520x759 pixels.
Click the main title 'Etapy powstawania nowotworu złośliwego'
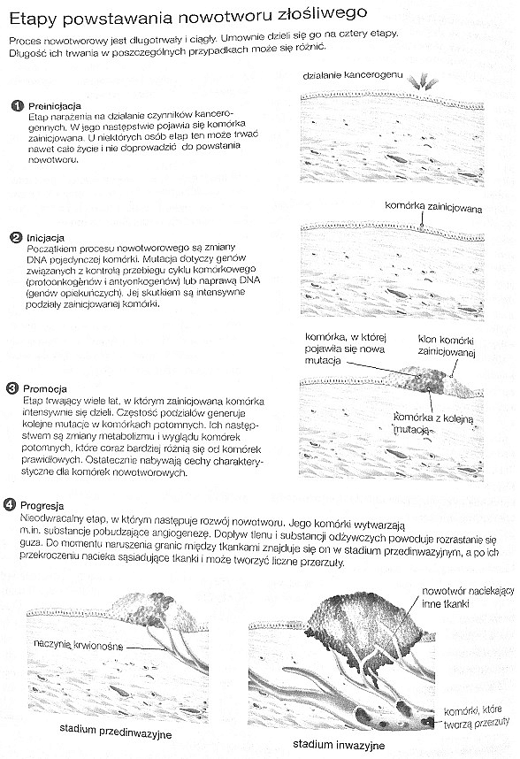[x=188, y=17]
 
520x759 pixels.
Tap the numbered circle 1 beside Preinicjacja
[x=18, y=105]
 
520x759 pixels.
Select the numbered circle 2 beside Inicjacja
[x=16, y=237]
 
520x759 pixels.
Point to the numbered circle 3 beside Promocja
[x=12, y=388]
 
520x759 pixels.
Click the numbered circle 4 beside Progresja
[x=10, y=505]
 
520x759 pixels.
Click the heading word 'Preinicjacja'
[x=55, y=106]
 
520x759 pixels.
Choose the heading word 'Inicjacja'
[x=45, y=238]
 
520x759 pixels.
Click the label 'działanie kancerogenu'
[x=353, y=75]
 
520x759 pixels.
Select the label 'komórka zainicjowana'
[x=433, y=207]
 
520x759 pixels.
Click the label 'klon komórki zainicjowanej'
[x=447, y=346]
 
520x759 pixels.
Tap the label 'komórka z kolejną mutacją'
[x=433, y=424]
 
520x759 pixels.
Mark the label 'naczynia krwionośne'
[x=79, y=644]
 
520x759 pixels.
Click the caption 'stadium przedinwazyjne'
[x=116, y=731]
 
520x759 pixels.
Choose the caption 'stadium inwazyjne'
[x=339, y=745]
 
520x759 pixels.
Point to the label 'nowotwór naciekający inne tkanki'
[x=467, y=597]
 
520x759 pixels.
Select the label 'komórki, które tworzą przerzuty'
[x=477, y=716]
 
